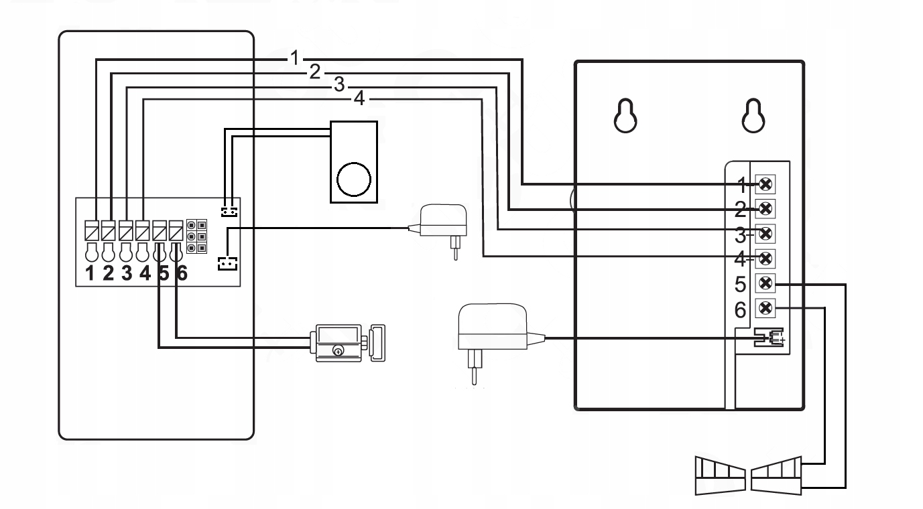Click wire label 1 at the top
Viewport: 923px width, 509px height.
coord(294,58)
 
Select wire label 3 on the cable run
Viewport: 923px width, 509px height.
coord(339,85)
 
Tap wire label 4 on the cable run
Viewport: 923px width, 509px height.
coord(360,99)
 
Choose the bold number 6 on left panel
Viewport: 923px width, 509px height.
coord(180,275)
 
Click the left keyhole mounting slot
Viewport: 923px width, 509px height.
coord(625,116)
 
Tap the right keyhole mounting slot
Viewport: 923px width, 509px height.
coord(753,116)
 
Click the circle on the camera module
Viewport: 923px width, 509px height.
coord(353,178)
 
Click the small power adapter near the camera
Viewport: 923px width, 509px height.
coord(443,228)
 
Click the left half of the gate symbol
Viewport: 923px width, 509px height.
coord(719,476)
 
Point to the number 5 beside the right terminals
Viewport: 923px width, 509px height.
coord(741,284)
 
